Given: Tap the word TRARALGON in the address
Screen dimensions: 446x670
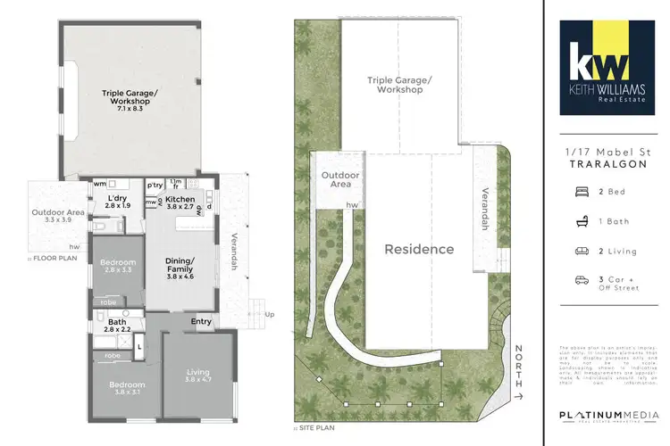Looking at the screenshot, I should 605,166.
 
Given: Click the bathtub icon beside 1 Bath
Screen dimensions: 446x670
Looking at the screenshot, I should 582,220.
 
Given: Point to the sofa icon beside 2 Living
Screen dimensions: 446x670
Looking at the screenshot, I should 582,251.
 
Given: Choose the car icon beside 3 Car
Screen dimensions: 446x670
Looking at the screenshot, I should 582,280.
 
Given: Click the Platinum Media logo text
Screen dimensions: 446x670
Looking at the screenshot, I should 605,415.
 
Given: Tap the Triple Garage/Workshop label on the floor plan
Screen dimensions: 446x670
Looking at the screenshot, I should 130,96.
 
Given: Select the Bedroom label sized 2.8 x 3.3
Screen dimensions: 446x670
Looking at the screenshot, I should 117,265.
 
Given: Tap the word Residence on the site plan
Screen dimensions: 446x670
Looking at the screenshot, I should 419,250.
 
